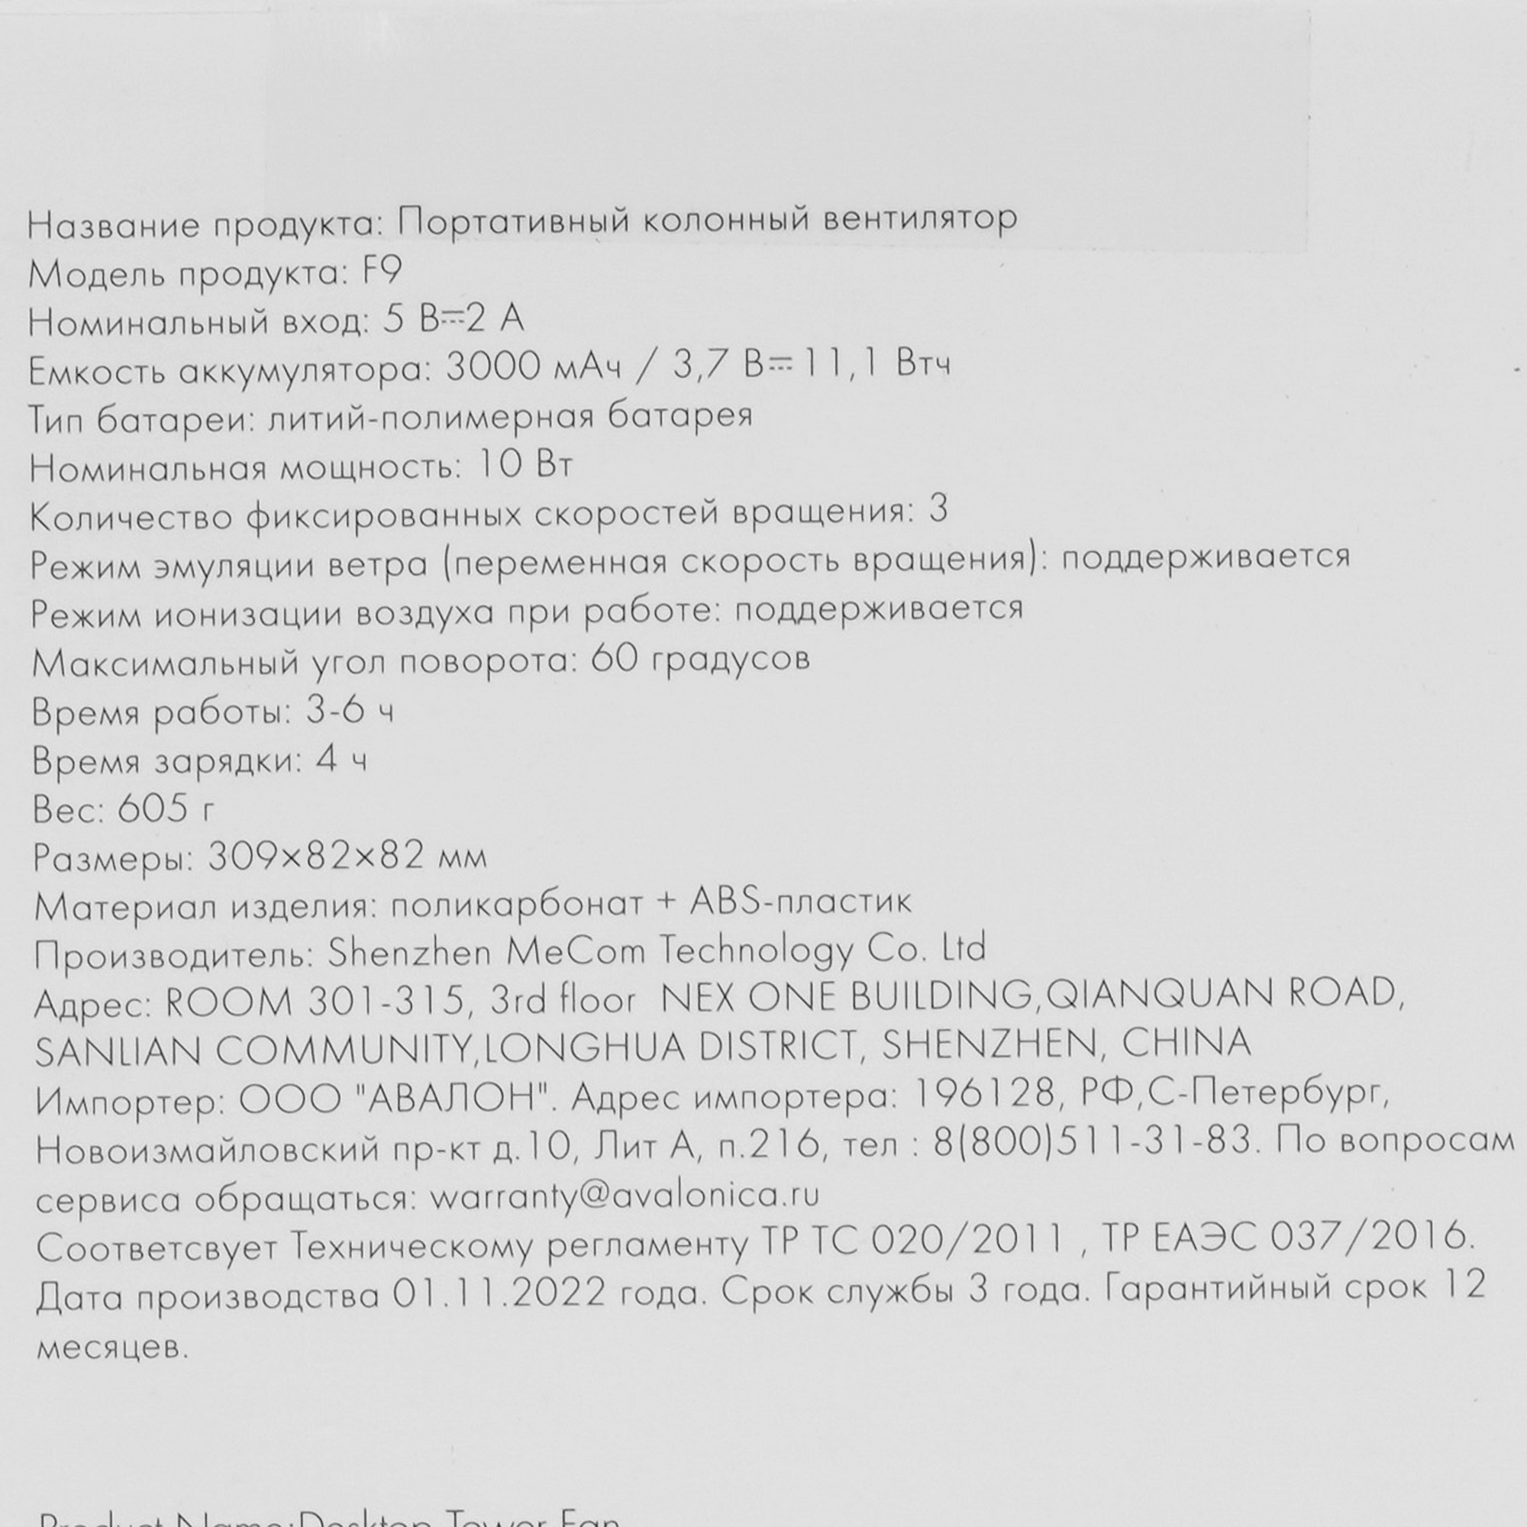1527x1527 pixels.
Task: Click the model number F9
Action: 382,273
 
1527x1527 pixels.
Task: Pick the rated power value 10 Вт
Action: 525,465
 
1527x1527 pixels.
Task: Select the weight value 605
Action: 153,809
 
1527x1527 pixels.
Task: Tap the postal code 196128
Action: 984,1094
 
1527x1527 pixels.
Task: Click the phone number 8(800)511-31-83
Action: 1093,1142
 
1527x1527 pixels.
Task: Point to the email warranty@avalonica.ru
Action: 625,1195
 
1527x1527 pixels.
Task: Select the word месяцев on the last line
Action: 114,1347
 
